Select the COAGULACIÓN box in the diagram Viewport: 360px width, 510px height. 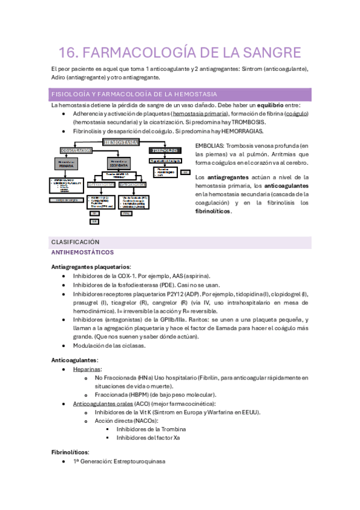point(76,150)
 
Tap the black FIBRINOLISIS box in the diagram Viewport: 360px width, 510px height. point(165,150)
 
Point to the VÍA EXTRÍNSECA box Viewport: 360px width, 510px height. point(100,184)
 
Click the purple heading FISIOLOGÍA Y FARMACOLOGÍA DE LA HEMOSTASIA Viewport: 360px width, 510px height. point(135,94)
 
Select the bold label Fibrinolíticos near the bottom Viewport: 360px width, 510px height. point(71,452)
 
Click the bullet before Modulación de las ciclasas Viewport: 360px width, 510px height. point(64,346)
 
